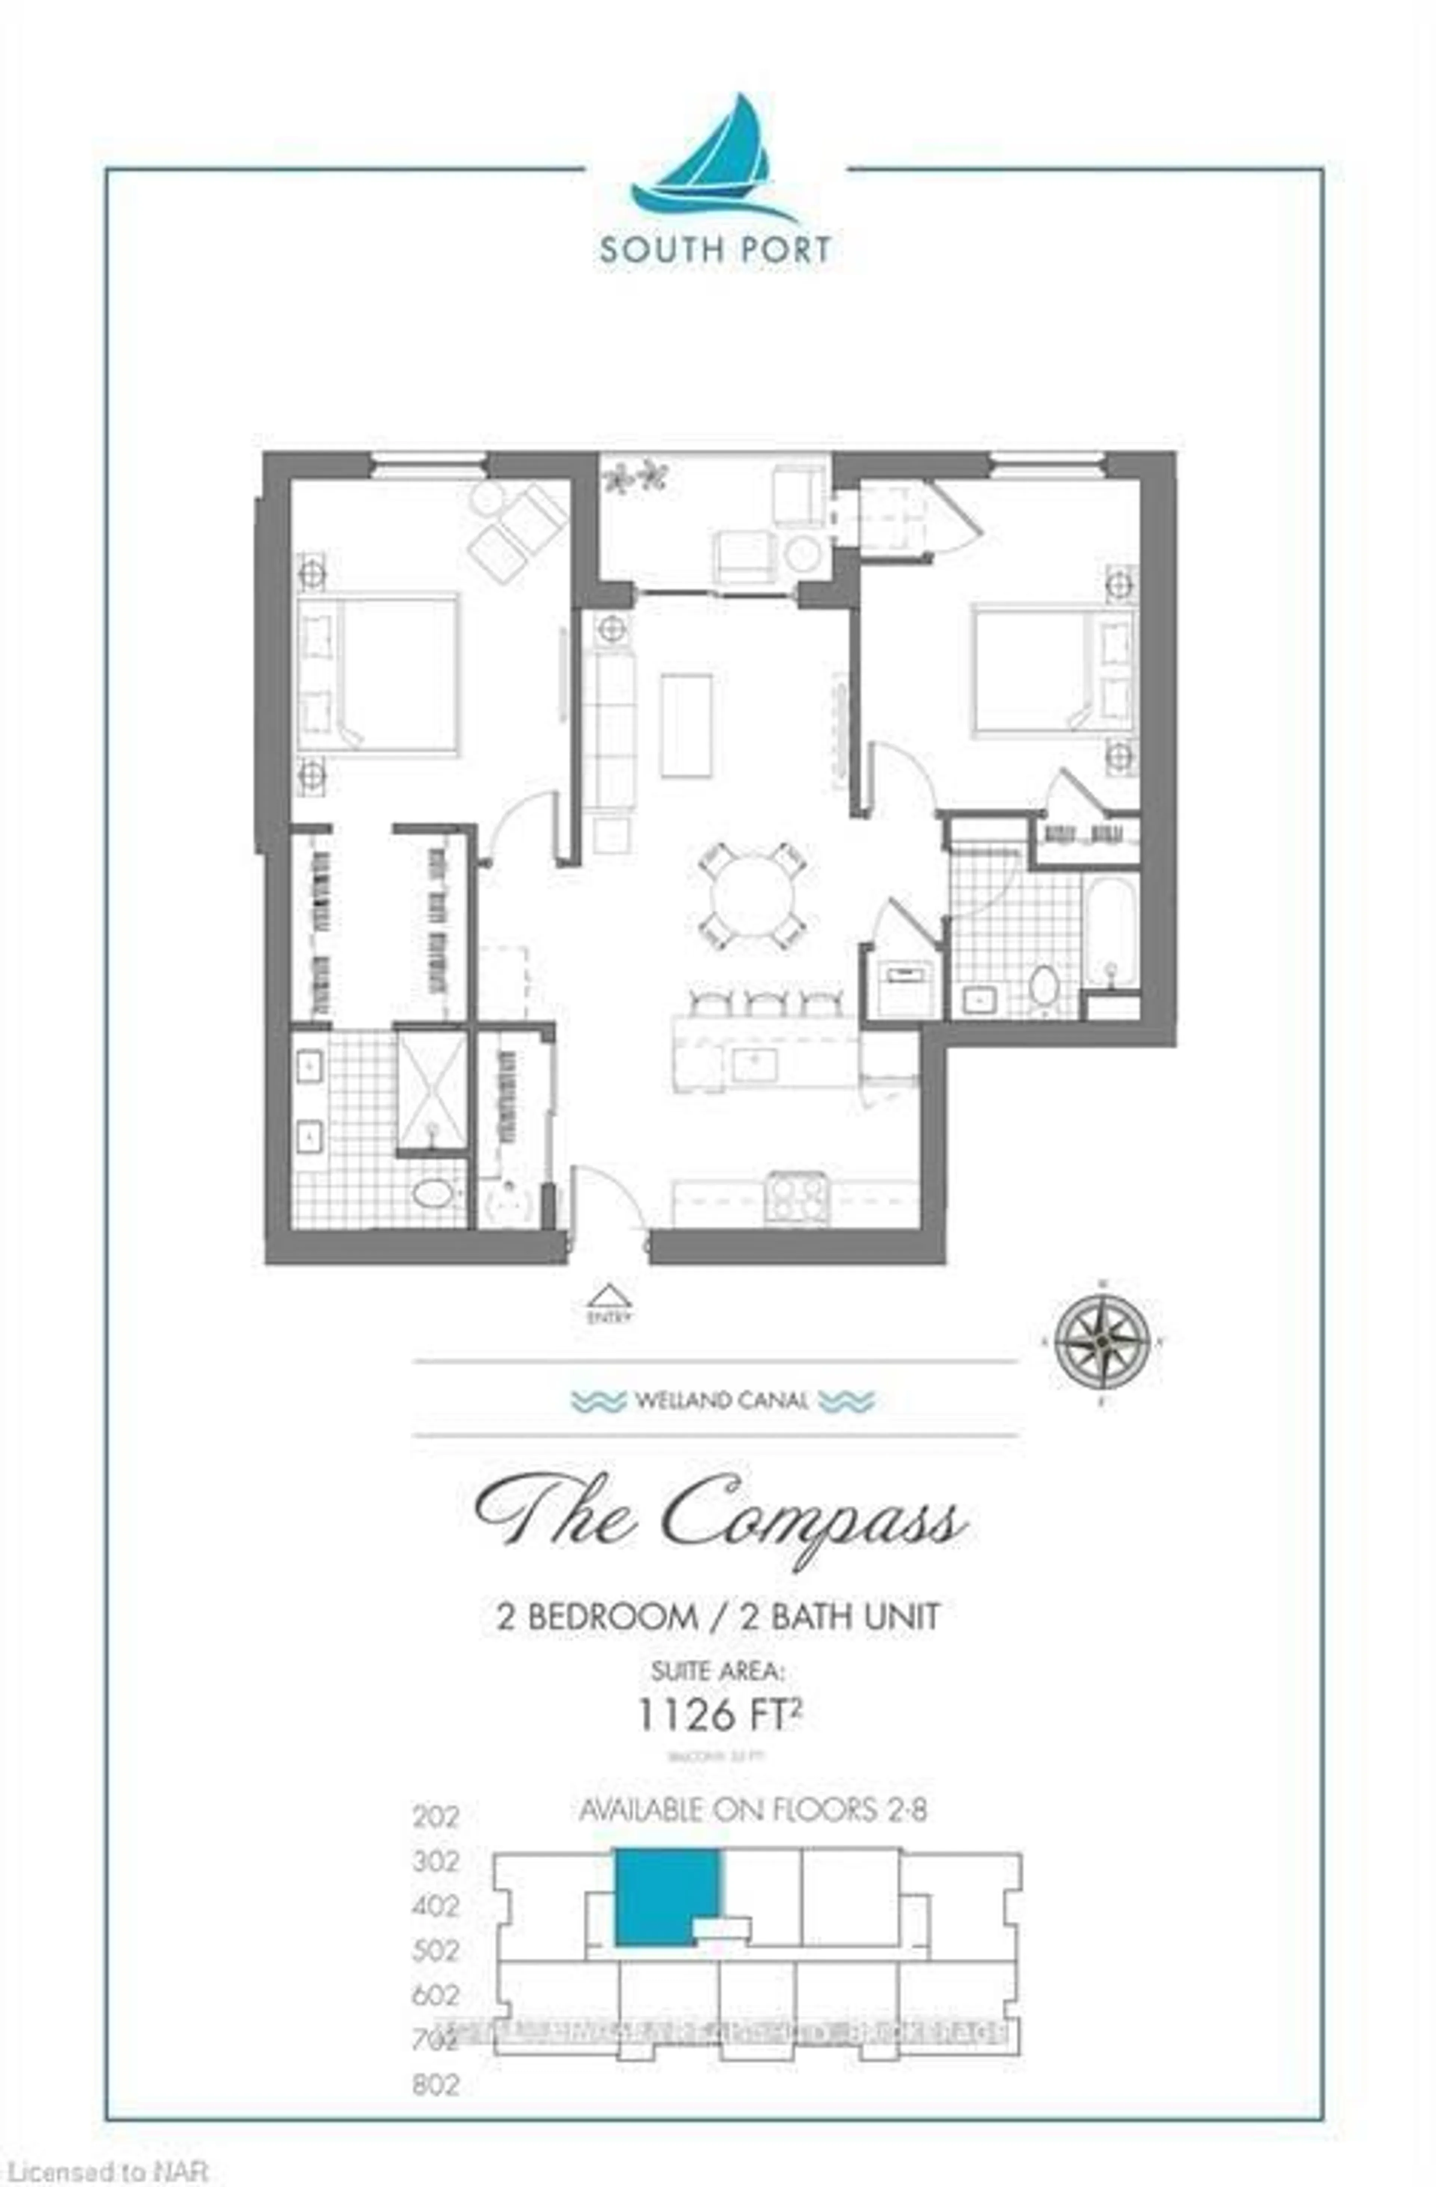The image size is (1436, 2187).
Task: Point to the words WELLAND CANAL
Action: coord(722,1401)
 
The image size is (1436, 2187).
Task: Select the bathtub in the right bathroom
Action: coord(1111,928)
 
